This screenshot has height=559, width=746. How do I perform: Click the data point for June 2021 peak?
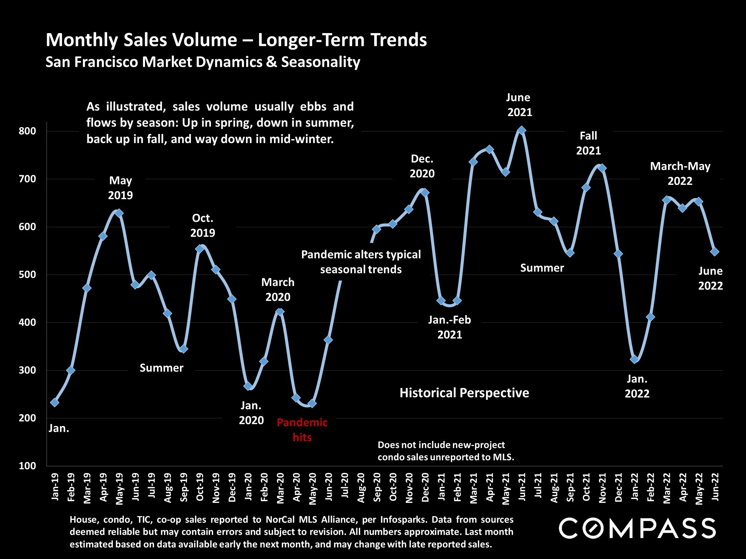[x=521, y=130]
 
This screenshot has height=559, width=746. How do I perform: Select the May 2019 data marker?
[x=119, y=213]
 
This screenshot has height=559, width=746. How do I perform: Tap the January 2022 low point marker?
[x=634, y=360]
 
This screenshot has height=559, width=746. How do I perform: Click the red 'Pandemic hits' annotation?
[x=302, y=430]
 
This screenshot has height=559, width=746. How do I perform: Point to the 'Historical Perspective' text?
[x=464, y=393]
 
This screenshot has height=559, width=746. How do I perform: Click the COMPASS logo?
[x=637, y=528]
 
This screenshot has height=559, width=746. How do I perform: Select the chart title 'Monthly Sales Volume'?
[x=236, y=40]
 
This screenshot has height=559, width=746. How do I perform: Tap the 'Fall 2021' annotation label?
[x=588, y=143]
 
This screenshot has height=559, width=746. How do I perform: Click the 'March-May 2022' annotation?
[x=680, y=174]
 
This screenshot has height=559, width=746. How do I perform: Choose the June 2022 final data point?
[x=715, y=252]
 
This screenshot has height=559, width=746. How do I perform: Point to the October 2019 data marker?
[x=200, y=249]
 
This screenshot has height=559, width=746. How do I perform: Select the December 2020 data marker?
[x=425, y=192]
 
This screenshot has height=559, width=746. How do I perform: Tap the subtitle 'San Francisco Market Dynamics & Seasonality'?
[x=203, y=62]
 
